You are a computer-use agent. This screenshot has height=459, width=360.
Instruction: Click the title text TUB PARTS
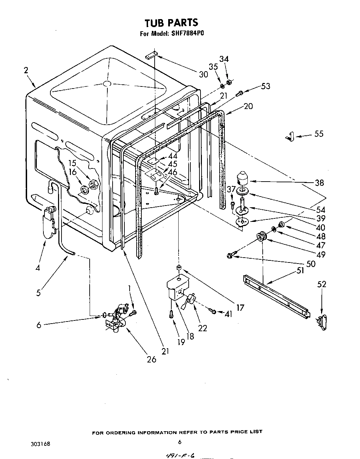pyautogui.click(x=171, y=23)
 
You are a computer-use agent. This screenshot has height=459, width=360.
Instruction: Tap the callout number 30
pyautogui.click(x=203, y=74)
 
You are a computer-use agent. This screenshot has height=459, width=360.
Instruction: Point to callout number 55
pyautogui.click(x=319, y=134)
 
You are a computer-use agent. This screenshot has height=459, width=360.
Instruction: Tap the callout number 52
pyautogui.click(x=322, y=284)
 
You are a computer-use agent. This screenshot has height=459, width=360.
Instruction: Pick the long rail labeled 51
pyautogui.click(x=276, y=295)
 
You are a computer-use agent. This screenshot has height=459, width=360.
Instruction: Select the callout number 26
pyautogui.click(x=152, y=359)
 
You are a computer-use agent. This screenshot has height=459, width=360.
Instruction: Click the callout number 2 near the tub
pyautogui.click(x=26, y=70)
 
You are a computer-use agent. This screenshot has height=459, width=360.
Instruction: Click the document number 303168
pyautogui.click(x=40, y=444)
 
